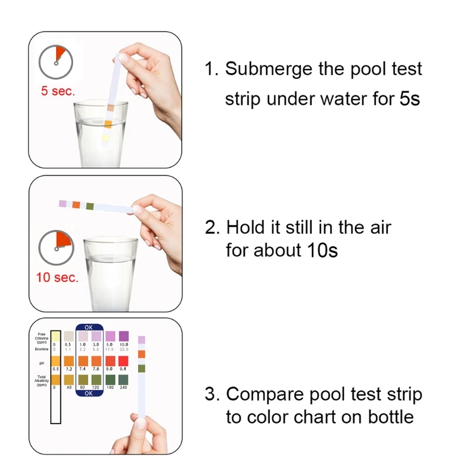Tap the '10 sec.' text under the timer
[x=57, y=277]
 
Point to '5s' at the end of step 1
[x=409, y=98]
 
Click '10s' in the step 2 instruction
[x=322, y=251]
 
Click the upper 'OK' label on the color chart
[x=89, y=328]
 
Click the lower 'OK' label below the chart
[x=89, y=393]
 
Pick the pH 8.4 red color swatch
[x=123, y=361]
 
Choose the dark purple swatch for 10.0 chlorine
[x=123, y=336]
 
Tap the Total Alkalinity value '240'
[x=123, y=387]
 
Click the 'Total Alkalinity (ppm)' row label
[x=42, y=380]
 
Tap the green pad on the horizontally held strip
[x=90, y=206]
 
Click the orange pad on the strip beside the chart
[x=142, y=354]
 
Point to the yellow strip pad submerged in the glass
[x=106, y=138]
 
